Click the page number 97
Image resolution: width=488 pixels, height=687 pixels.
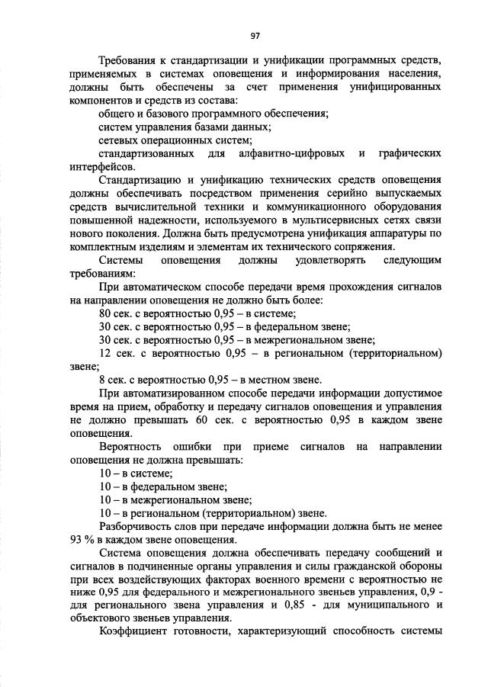coord(255,36)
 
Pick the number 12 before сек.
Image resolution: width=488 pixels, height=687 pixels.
coord(106,354)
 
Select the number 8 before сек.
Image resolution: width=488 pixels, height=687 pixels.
coord(102,380)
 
